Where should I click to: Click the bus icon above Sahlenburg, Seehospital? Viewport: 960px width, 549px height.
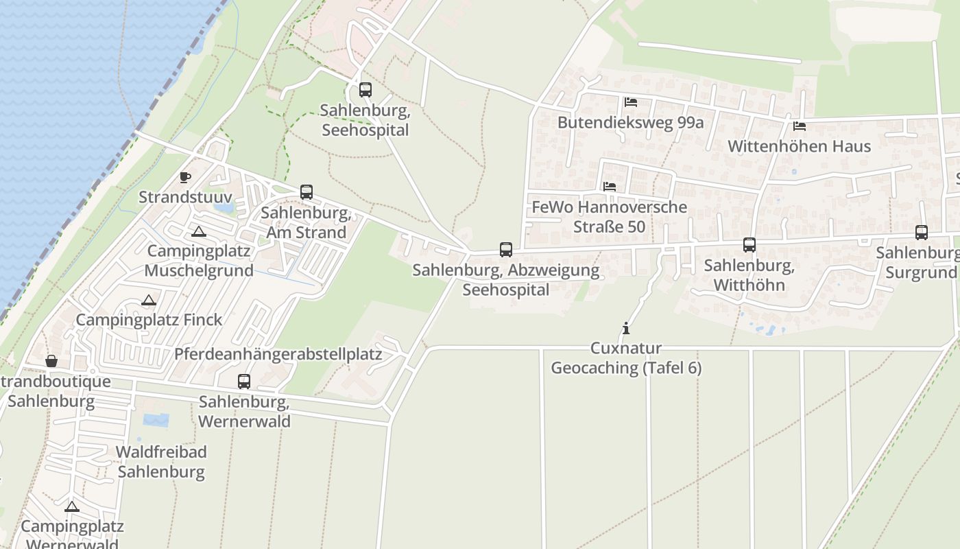click(x=365, y=90)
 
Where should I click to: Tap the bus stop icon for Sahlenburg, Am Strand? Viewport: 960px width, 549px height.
click(x=307, y=192)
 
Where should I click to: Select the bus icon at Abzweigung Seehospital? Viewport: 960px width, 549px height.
click(x=506, y=250)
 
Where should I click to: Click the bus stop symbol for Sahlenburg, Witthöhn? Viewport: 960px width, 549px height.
click(x=749, y=245)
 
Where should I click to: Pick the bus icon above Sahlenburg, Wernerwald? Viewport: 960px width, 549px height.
click(x=244, y=382)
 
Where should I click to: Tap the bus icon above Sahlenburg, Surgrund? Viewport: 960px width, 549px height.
click(x=922, y=233)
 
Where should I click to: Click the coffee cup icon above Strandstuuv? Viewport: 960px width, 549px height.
click(x=185, y=177)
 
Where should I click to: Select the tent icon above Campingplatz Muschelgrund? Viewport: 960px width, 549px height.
click(x=199, y=231)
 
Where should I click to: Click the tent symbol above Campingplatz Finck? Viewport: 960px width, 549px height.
click(x=149, y=300)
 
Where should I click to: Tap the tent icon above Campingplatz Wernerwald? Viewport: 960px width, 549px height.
click(x=72, y=507)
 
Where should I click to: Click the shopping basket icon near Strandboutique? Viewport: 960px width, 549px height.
click(x=51, y=361)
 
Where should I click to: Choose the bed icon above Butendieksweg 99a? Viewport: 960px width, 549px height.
click(x=631, y=102)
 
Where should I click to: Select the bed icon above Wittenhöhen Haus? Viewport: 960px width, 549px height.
click(x=800, y=126)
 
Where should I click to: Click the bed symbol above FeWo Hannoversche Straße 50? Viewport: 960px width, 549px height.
click(x=610, y=186)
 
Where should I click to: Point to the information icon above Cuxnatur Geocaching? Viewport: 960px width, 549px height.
click(x=625, y=329)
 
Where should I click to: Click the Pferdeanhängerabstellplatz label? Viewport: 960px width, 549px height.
click(x=278, y=354)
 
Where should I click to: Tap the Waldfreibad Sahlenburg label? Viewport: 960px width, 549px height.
click(x=161, y=462)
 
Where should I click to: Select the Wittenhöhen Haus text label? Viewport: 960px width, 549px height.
click(x=799, y=146)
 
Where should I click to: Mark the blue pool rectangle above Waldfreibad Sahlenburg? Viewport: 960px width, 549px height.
click(x=156, y=420)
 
